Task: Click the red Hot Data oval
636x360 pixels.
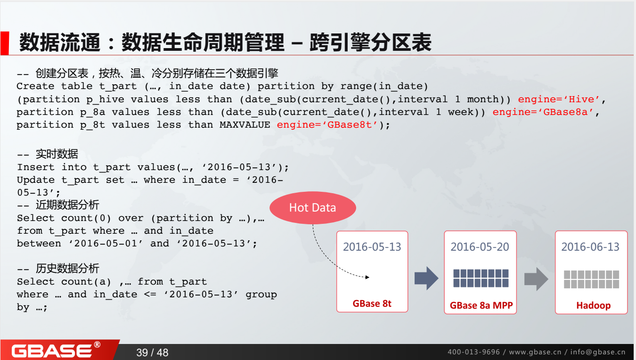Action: (x=312, y=208)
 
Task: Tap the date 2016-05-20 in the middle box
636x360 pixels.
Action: (x=480, y=247)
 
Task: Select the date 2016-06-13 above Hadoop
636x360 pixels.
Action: (x=590, y=247)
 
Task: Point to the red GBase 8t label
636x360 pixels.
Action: (x=372, y=303)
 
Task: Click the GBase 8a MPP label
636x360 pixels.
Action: (x=481, y=305)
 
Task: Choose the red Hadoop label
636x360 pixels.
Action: (x=593, y=305)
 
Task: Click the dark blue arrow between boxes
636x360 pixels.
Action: (x=426, y=278)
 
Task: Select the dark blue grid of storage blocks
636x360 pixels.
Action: (x=481, y=278)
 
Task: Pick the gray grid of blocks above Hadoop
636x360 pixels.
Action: (x=592, y=279)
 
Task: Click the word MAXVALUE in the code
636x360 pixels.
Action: (x=245, y=125)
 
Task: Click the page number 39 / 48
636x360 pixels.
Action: (x=152, y=352)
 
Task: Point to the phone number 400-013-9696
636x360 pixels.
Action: (x=473, y=352)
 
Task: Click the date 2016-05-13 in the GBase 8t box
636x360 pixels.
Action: (x=372, y=247)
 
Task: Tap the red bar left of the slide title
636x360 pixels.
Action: (x=4, y=43)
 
